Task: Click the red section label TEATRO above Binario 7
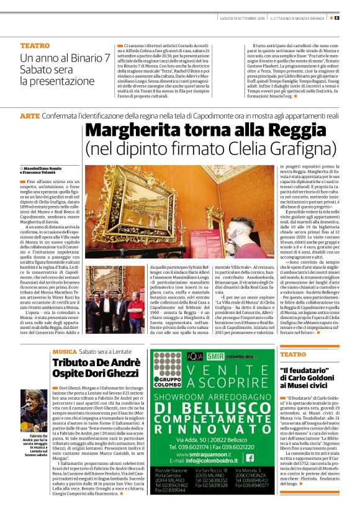coord(35,45)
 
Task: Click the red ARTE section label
coord(29,116)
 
